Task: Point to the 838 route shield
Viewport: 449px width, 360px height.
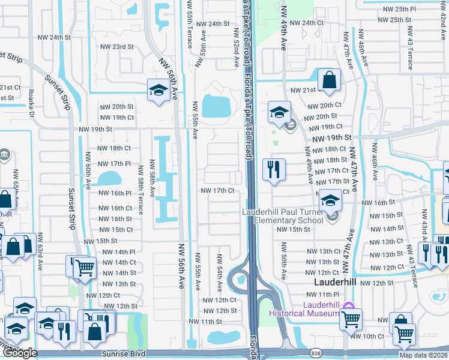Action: click(316, 353)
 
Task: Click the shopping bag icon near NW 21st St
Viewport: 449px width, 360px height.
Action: click(330, 80)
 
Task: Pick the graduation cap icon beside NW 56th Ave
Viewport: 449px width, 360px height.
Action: click(158, 91)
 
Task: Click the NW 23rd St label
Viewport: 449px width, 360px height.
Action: click(116, 47)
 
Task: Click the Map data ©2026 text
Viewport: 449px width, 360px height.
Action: click(423, 355)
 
